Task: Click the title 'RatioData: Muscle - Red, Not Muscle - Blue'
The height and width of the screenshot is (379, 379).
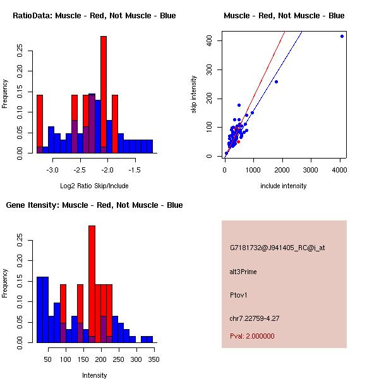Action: tap(95, 15)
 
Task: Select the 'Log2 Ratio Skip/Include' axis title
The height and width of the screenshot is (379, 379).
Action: tap(94, 186)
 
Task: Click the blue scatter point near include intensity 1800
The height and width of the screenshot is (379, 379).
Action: tap(276, 81)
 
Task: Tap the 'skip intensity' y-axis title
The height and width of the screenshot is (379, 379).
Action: tap(194, 95)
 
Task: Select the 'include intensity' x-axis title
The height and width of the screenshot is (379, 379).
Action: tap(284, 186)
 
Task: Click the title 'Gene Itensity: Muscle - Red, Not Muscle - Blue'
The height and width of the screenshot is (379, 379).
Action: tap(94, 205)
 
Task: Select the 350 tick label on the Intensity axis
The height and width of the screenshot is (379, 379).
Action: tap(153, 359)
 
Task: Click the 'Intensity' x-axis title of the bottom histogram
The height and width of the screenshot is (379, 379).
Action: tap(94, 375)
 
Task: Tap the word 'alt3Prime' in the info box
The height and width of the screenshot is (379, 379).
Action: tap(243, 272)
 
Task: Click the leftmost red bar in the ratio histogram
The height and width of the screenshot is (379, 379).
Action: tap(40, 120)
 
